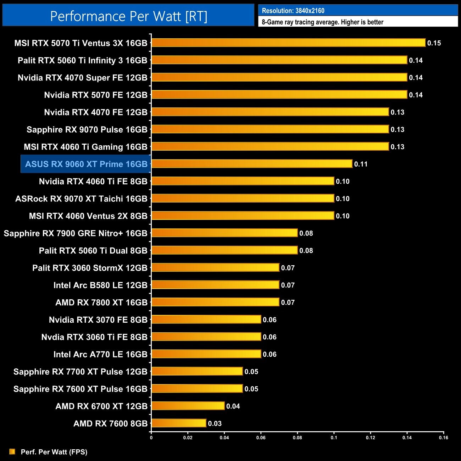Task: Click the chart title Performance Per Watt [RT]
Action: point(128,16)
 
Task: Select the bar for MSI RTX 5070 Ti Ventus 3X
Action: point(288,43)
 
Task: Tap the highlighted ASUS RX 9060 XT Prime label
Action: point(86,164)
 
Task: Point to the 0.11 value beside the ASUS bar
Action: point(361,164)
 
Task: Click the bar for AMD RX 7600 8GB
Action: point(179,423)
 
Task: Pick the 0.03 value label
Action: point(215,423)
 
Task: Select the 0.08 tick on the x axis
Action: point(297,438)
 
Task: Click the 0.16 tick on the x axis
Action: point(444,438)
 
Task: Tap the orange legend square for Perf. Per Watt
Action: point(12,451)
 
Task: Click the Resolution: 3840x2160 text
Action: point(293,11)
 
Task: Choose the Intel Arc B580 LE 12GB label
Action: point(100,285)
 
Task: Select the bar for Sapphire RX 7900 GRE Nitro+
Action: point(224,233)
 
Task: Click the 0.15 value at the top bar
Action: point(434,43)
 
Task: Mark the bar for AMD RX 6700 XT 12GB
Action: point(188,406)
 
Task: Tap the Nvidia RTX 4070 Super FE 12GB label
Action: point(82,78)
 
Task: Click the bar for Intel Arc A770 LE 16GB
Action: point(206,354)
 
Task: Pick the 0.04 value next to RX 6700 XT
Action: point(233,406)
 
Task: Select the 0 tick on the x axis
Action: point(151,438)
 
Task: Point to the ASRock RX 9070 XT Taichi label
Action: point(81,199)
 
